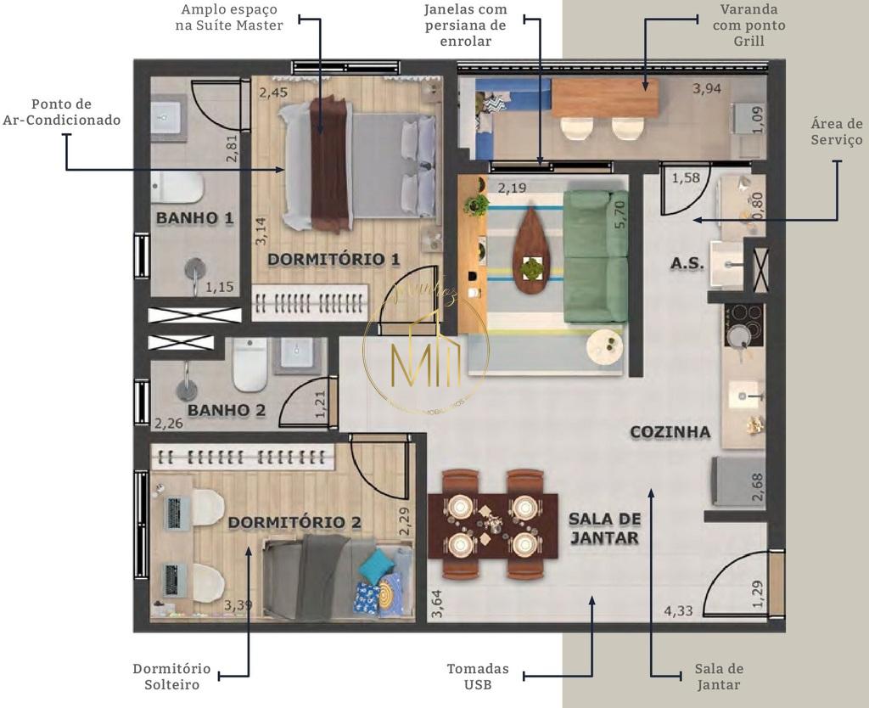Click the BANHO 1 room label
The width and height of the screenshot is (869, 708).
point(194,218)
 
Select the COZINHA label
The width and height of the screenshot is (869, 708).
point(670,432)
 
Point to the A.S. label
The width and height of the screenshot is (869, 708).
point(687,264)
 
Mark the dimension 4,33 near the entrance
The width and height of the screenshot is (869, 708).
point(680,610)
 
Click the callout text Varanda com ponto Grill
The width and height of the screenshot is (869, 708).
point(752,25)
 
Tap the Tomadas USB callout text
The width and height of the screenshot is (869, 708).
point(478,677)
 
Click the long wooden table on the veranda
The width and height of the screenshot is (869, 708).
point(605,98)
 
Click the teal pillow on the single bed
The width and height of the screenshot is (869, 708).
point(374,564)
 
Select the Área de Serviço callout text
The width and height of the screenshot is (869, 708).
point(836,132)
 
